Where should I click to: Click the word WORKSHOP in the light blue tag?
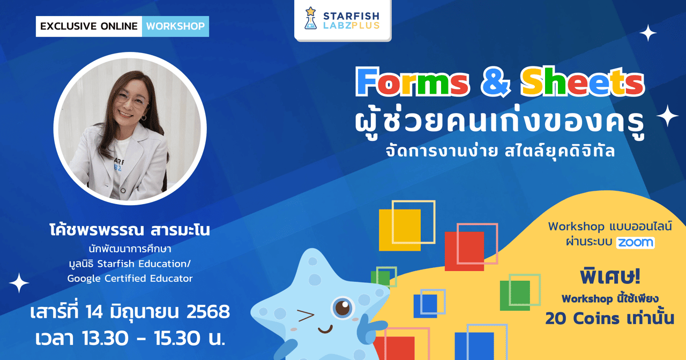[175, 26]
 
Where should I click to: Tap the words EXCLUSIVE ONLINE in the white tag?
[88, 26]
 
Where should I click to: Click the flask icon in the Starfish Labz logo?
[310, 19]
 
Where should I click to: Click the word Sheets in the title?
[582, 82]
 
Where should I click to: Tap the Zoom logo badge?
[635, 242]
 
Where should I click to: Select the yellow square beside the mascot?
[400, 230]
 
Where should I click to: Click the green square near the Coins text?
[514, 295]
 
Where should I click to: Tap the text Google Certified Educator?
[130, 279]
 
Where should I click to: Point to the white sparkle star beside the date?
[18, 283]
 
